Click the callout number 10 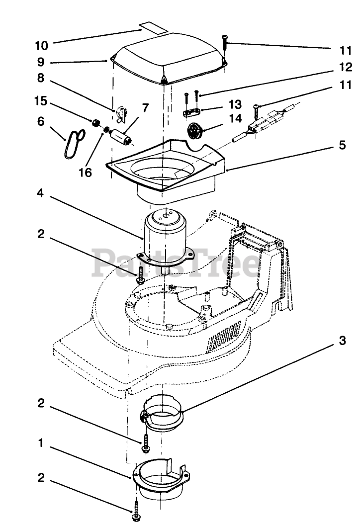(x=42, y=45)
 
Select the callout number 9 (x=41, y=62)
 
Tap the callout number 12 (x=346, y=67)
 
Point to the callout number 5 (x=342, y=145)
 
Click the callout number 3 (x=342, y=341)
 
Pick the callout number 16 (x=85, y=173)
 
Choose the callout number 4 (x=40, y=193)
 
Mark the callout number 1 (x=41, y=443)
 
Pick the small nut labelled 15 (x=96, y=123)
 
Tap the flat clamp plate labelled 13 (x=191, y=112)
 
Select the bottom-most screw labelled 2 (x=136, y=512)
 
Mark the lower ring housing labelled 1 (x=161, y=477)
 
